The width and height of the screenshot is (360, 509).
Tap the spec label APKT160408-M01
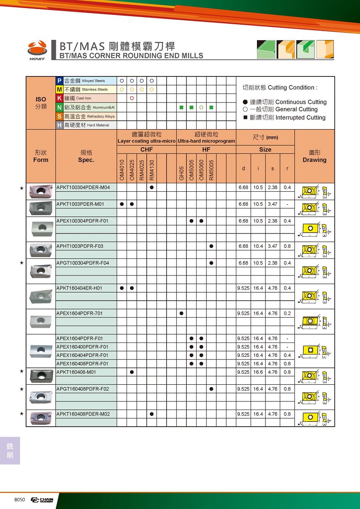click(x=76, y=372)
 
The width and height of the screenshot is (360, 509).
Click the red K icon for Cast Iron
click(x=59, y=98)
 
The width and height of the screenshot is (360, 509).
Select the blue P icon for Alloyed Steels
click(x=59, y=81)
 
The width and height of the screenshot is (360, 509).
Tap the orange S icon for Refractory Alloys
click(x=59, y=116)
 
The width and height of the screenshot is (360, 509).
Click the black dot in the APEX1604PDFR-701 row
click(x=181, y=313)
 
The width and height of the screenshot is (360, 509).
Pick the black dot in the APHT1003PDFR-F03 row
click(x=211, y=246)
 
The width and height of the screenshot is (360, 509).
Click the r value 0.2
click(x=288, y=313)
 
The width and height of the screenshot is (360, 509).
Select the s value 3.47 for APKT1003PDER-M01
click(x=273, y=204)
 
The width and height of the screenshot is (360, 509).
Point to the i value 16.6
click(x=258, y=372)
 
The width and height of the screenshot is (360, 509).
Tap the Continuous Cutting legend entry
click(x=284, y=102)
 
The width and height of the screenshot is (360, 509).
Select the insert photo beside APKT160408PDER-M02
click(x=41, y=418)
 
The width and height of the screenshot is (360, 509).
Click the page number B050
click(x=19, y=500)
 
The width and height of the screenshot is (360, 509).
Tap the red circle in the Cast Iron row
click(x=132, y=98)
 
